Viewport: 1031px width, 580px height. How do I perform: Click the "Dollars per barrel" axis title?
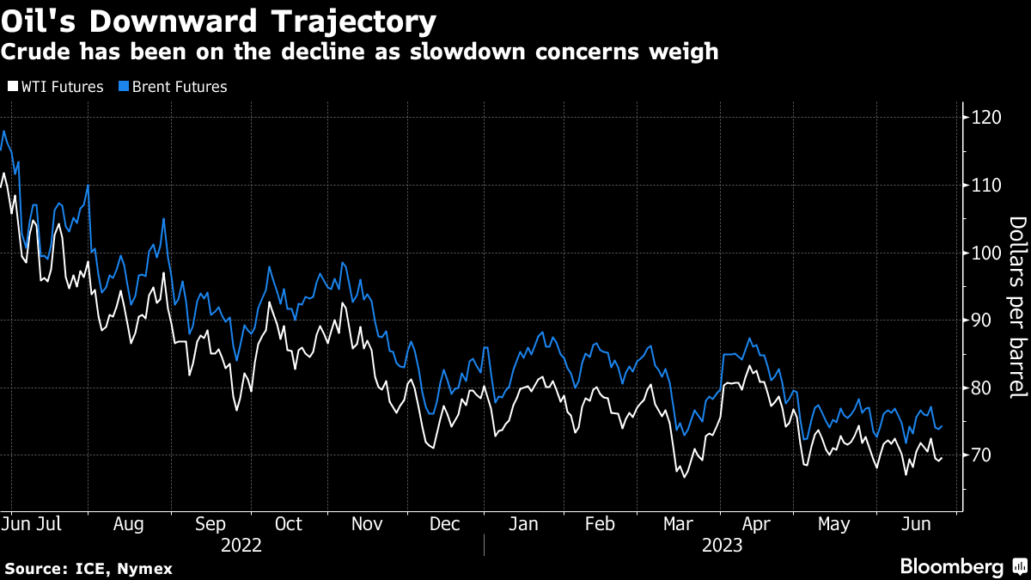coord(1017,307)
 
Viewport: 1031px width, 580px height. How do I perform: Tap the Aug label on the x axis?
coord(129,525)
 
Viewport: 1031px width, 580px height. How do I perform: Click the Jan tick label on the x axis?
coord(522,525)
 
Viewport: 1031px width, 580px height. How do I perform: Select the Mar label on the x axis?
coord(679,525)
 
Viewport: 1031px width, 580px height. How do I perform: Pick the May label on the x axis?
coord(833,525)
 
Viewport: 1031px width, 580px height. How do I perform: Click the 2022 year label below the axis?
coord(241,546)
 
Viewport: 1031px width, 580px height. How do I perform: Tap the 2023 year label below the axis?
coord(721,546)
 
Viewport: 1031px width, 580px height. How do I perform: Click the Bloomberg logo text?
coord(951,567)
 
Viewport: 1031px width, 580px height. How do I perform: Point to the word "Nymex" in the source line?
coord(145,569)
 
